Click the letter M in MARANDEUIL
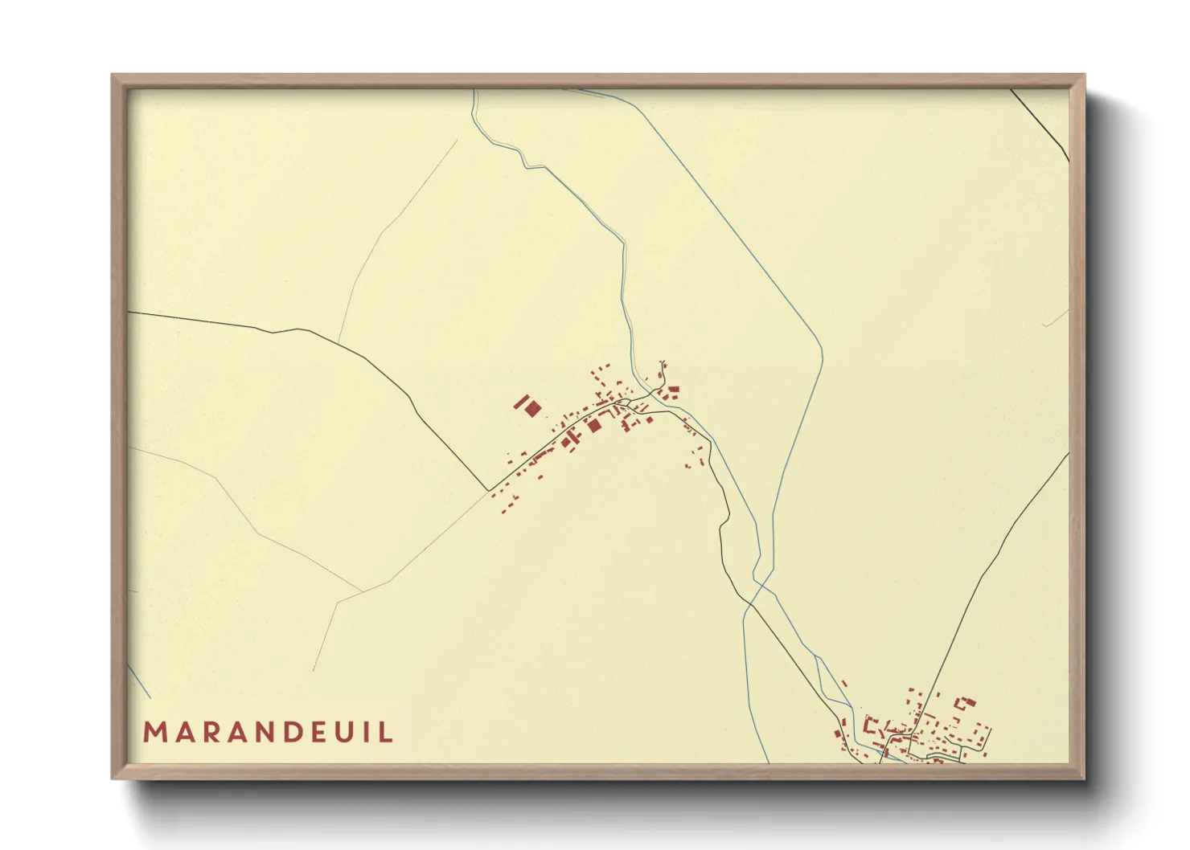coord(154,733)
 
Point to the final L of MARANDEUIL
coord(388,733)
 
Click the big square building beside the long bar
coord(532,410)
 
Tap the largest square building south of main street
coord(594,425)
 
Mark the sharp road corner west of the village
coord(488,489)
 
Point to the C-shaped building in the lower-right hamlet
coord(869,725)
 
